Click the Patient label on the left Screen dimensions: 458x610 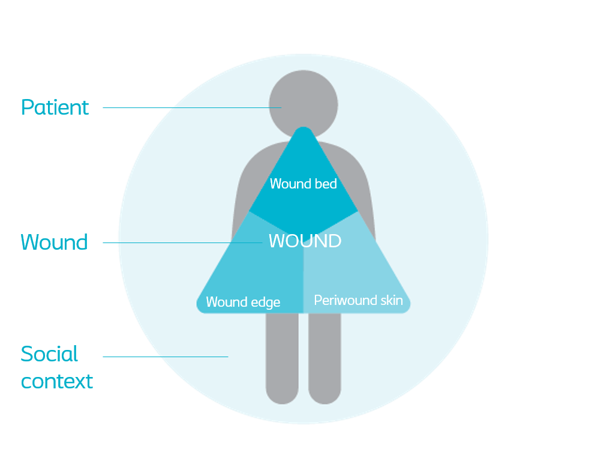(55, 107)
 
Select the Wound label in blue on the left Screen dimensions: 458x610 (54, 243)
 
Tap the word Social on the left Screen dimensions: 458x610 (49, 354)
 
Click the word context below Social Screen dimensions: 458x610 (57, 381)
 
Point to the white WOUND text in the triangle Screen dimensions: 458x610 (305, 241)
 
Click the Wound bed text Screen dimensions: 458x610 (303, 184)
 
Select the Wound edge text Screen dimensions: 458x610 (243, 302)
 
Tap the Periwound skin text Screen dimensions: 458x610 (358, 300)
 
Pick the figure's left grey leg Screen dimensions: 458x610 (282, 360)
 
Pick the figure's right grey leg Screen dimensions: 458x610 (324, 360)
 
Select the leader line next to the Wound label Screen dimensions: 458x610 (180, 243)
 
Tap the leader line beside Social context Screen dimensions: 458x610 (165, 357)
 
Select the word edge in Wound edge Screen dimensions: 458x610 (266, 303)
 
